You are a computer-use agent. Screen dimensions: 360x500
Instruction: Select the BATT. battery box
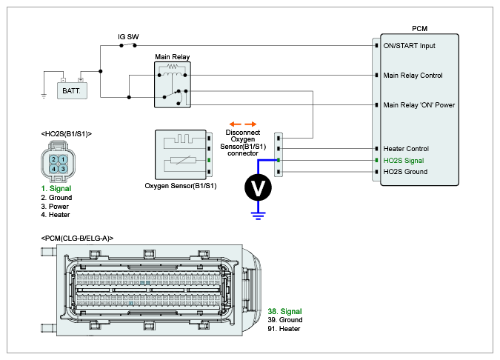point(72,88)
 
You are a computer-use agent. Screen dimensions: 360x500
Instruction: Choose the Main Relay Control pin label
point(413,76)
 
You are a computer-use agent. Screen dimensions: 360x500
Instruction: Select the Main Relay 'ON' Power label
point(419,104)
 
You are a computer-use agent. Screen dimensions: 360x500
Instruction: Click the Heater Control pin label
point(406,149)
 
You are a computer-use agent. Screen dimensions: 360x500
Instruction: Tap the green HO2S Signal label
point(404,160)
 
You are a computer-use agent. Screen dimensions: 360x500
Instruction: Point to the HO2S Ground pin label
point(405,172)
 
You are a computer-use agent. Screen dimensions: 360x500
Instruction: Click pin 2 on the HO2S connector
point(54,159)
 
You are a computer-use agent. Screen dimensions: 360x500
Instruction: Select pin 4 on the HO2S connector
point(54,169)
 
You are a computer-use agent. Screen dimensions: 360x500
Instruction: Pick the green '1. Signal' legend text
point(56,189)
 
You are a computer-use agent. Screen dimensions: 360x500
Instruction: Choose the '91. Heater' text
point(284,329)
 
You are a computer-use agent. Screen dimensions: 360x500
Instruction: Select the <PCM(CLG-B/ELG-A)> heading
point(78,238)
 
